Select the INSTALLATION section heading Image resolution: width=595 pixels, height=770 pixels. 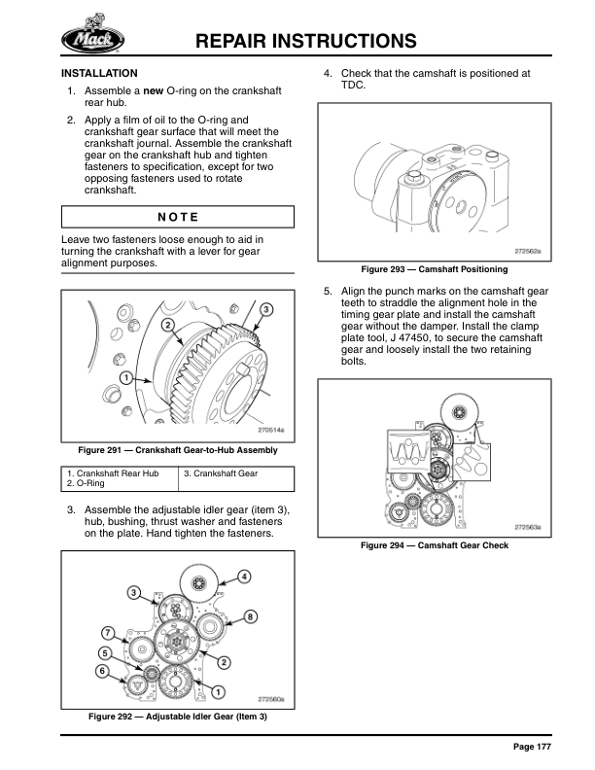point(99,73)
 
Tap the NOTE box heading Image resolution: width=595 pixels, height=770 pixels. point(177,216)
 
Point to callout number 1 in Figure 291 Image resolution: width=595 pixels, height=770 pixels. point(125,376)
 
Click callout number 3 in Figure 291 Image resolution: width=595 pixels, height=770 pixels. point(266,308)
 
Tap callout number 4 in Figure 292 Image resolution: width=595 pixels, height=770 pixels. point(244,576)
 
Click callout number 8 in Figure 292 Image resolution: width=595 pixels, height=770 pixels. point(250,616)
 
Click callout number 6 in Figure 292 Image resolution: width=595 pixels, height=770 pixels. point(100,671)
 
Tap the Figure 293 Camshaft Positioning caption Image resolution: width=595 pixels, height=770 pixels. point(434,269)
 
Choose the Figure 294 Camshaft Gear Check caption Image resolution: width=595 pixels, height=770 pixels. point(434,545)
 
